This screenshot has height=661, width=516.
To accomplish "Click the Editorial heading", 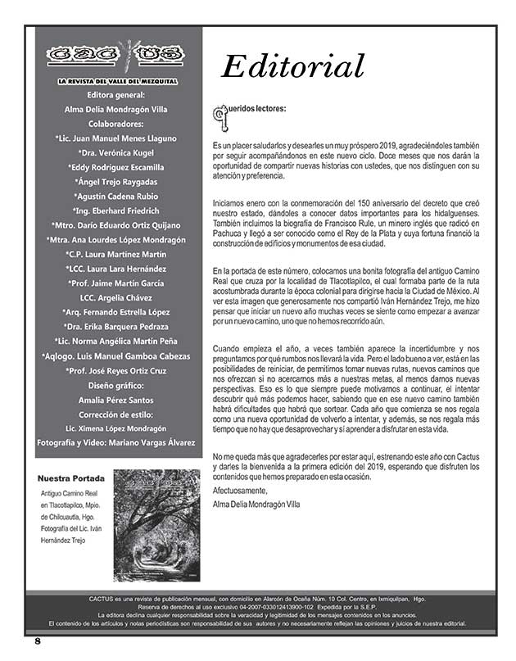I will coord(293,65).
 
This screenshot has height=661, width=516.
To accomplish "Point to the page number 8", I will coord(37,641).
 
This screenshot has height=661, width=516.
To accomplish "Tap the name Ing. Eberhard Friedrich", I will coord(115,211).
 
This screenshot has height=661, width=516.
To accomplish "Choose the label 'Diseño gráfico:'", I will coord(115,385).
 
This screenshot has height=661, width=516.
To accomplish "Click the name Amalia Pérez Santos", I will coord(115,400).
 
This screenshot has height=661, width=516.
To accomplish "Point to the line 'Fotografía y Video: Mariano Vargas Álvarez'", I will coord(115,442).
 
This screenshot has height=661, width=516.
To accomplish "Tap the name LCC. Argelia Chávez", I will coord(115,297).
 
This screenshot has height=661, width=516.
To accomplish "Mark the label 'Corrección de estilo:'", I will coord(115,414).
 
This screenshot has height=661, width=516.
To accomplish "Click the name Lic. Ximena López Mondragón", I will coord(115,428).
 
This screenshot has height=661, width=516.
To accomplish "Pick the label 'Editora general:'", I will coord(115,94).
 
